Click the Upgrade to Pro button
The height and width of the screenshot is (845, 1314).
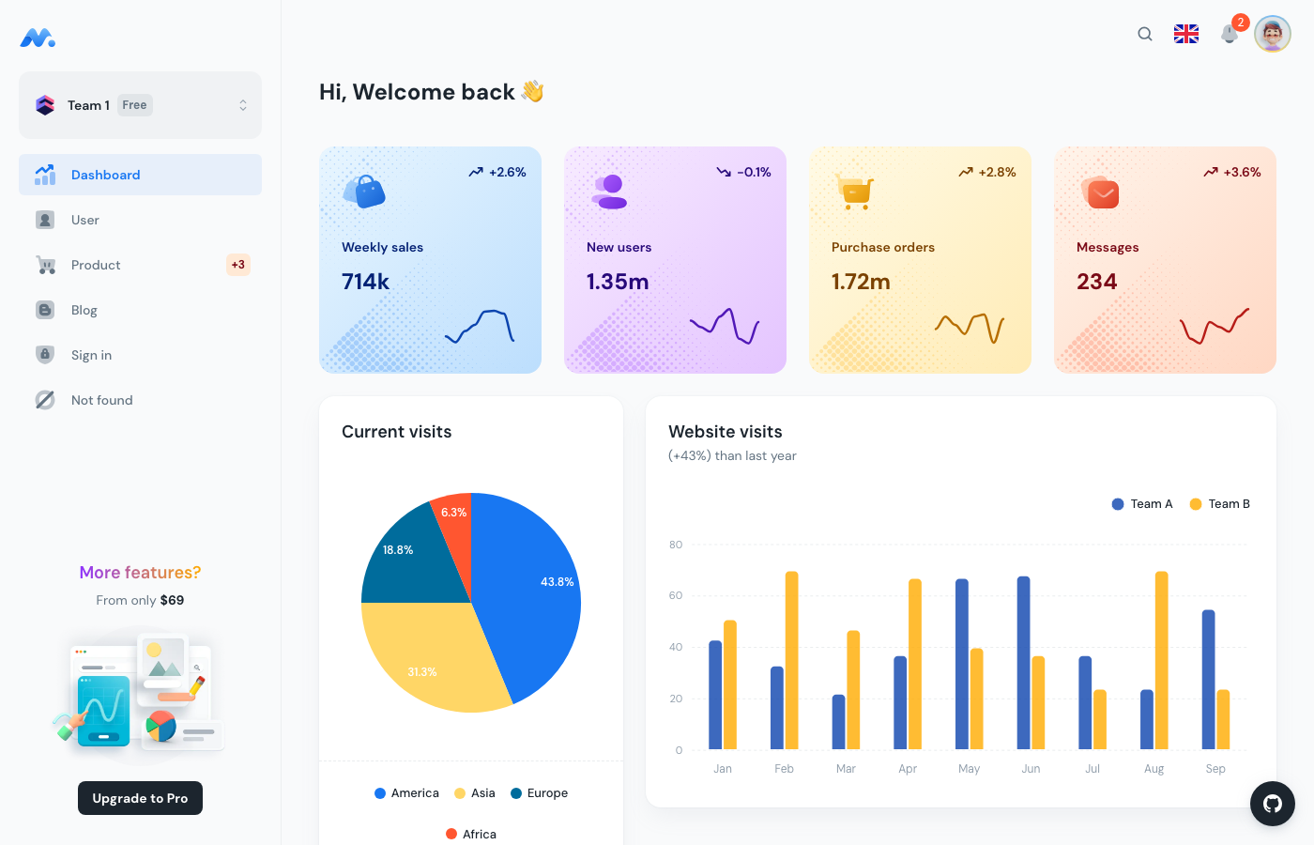click(140, 798)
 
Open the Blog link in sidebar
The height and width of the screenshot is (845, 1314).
click(84, 310)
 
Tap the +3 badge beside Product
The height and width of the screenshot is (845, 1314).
click(238, 265)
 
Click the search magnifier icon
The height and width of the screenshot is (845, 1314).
click(1145, 34)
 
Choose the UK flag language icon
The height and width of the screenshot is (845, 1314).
click(1186, 34)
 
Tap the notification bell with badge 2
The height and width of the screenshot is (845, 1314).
click(1230, 34)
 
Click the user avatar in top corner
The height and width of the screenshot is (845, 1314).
click(1273, 34)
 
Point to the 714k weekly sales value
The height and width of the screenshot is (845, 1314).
click(365, 282)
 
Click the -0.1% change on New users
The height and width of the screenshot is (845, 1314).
click(744, 172)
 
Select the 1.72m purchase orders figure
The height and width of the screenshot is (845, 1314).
click(861, 282)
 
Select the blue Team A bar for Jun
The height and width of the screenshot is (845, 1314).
click(1023, 663)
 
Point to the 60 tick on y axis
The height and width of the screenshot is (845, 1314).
click(676, 595)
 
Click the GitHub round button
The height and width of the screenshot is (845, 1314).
click(1273, 804)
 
